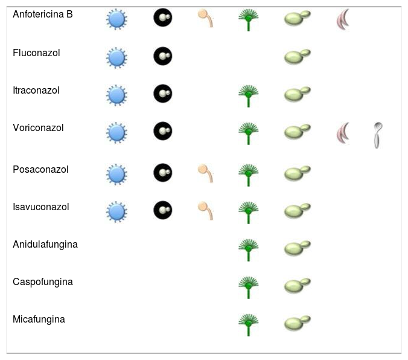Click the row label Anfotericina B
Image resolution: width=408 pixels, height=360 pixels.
[42, 14]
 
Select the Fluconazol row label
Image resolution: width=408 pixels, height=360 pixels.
[36, 53]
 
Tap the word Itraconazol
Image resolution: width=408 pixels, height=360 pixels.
[36, 90]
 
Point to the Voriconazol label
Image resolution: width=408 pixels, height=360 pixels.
[38, 127]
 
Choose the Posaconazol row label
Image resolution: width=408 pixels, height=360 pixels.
[40, 169]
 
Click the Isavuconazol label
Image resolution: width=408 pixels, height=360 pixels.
[41, 207]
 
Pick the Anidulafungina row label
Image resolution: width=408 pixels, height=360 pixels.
[45, 244]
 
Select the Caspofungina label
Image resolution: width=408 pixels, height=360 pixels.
[43, 281]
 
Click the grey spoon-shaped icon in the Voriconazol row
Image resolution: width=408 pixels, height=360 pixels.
[378, 135]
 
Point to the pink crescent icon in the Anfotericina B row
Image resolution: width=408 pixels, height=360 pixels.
[343, 20]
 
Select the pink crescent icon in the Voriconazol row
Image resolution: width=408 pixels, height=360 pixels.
[343, 133]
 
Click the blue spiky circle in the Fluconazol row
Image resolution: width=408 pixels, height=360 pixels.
[116, 58]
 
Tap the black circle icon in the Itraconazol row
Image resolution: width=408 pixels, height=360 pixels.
[162, 94]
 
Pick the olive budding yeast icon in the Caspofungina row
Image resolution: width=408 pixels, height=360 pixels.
[297, 286]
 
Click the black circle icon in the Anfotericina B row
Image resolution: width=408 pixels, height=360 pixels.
[162, 19]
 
